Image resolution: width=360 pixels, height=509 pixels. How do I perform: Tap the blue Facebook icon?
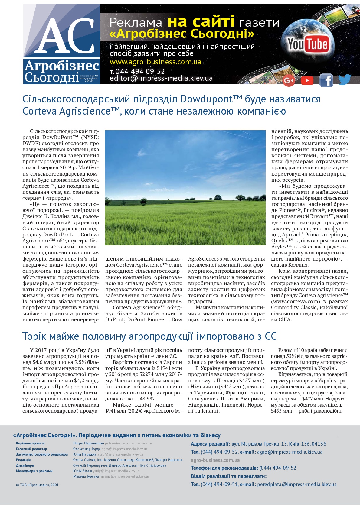click(x=326, y=80)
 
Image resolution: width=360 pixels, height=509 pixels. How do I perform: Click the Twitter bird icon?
click(x=344, y=79)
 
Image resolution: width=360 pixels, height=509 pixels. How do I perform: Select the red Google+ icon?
click(x=289, y=80)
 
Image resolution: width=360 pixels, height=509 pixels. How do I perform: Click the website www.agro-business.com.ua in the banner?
click(x=155, y=62)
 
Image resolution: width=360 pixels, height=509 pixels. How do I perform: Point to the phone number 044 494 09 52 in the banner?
click(x=140, y=72)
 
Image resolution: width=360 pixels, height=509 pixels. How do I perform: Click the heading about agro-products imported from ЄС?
click(x=149, y=336)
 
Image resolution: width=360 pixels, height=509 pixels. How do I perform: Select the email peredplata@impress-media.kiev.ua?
click(x=297, y=484)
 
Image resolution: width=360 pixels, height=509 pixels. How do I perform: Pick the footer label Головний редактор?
click(x=31, y=449)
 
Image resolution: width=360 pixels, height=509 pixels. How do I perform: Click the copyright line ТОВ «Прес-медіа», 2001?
click(x=37, y=485)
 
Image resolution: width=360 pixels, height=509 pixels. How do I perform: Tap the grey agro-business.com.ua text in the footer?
click(x=215, y=460)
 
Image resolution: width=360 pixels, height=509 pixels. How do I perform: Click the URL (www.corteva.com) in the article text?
click(x=295, y=301)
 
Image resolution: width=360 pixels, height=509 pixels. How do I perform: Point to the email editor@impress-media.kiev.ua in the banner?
click(x=161, y=79)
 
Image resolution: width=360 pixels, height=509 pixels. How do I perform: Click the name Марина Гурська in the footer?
click(x=86, y=476)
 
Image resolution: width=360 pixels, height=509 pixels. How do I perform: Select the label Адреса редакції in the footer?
click(x=210, y=444)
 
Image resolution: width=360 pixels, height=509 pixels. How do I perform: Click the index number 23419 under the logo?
click(x=89, y=81)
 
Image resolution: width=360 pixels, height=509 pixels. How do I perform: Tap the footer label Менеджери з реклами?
click(x=34, y=471)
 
